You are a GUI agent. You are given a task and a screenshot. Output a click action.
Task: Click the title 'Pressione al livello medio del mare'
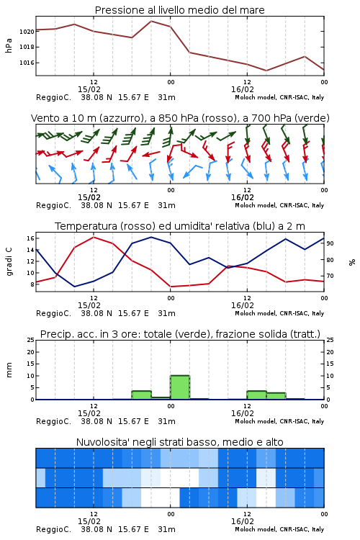point(179,10)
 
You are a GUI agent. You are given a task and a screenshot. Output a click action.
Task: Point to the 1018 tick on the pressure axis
point(27,47)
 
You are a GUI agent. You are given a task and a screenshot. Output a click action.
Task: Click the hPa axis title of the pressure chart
point(9,46)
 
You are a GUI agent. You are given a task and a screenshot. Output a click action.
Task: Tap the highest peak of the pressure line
point(151,21)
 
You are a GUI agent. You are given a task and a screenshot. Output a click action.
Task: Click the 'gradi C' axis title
point(9,262)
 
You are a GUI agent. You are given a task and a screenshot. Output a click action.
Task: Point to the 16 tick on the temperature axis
point(30,238)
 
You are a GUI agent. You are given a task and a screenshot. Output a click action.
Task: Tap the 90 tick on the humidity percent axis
point(330,243)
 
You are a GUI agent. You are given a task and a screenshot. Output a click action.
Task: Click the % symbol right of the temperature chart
point(352,262)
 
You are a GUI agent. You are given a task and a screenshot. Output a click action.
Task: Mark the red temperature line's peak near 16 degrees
point(94,238)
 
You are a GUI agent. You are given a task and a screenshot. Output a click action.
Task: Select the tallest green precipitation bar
point(180,387)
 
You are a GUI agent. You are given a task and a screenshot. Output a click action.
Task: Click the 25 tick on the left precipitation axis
point(31,340)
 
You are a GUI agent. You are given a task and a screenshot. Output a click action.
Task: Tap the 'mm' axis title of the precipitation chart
point(9,370)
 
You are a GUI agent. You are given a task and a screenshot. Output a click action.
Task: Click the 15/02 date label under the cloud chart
point(89,521)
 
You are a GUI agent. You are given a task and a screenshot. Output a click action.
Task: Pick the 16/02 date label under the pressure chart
point(243,89)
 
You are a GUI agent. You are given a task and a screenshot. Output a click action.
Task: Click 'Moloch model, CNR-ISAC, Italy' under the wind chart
point(279,205)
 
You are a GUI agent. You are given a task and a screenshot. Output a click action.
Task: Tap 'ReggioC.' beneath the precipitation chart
point(53,421)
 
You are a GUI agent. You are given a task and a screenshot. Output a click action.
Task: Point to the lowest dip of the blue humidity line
point(74,287)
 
